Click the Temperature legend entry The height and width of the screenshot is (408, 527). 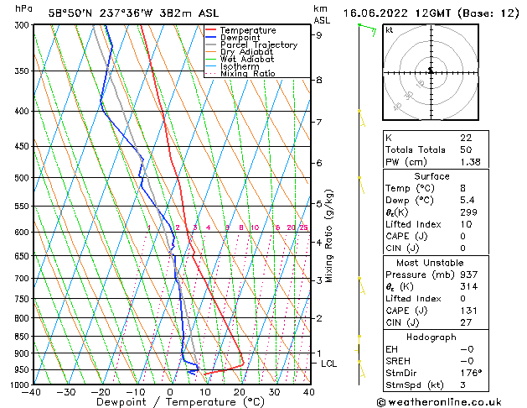[247, 30]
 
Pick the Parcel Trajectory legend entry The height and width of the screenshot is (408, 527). [258, 45]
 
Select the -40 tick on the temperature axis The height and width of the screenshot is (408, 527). [32, 392]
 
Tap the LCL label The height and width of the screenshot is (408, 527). [328, 364]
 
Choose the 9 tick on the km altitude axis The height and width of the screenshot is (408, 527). [318, 35]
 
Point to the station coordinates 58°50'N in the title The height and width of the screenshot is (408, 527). [69, 13]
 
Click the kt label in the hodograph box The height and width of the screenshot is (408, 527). [390, 30]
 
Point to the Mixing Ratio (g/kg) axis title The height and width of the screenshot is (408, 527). [329, 235]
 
